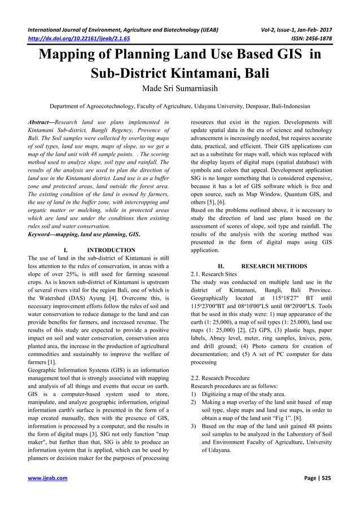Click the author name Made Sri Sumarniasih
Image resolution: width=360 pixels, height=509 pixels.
point(179,89)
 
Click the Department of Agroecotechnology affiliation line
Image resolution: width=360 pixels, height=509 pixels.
point(179,106)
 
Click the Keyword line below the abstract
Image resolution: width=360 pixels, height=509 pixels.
point(84,232)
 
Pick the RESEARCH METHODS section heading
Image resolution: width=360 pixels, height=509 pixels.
point(274,266)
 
